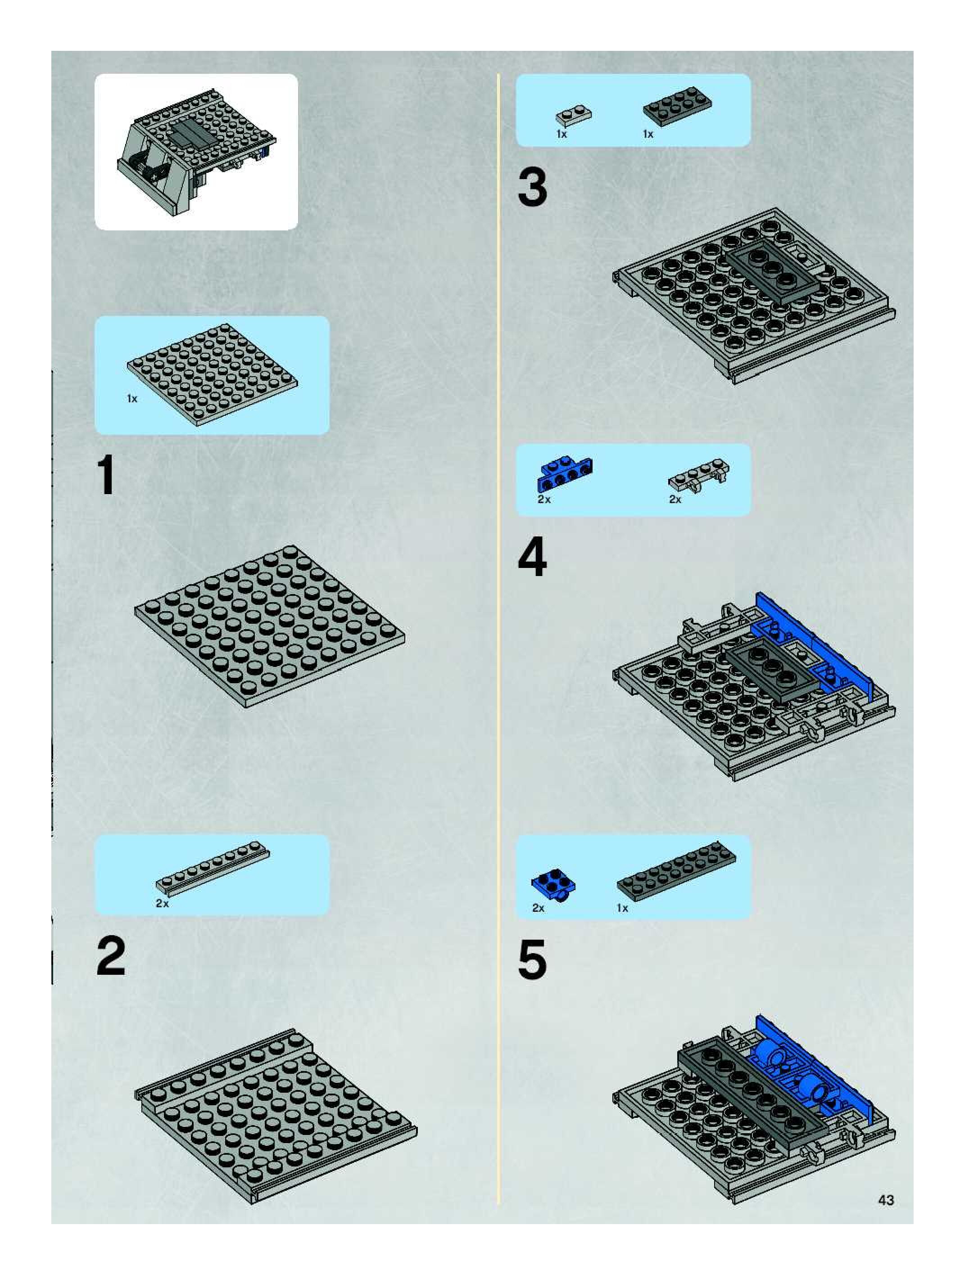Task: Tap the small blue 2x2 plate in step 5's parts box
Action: point(553,885)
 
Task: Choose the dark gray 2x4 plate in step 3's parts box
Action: point(677,106)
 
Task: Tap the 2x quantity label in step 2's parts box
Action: point(163,903)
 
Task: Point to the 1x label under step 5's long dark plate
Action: point(622,908)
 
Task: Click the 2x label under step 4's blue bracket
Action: point(544,499)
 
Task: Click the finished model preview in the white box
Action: point(196,152)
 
